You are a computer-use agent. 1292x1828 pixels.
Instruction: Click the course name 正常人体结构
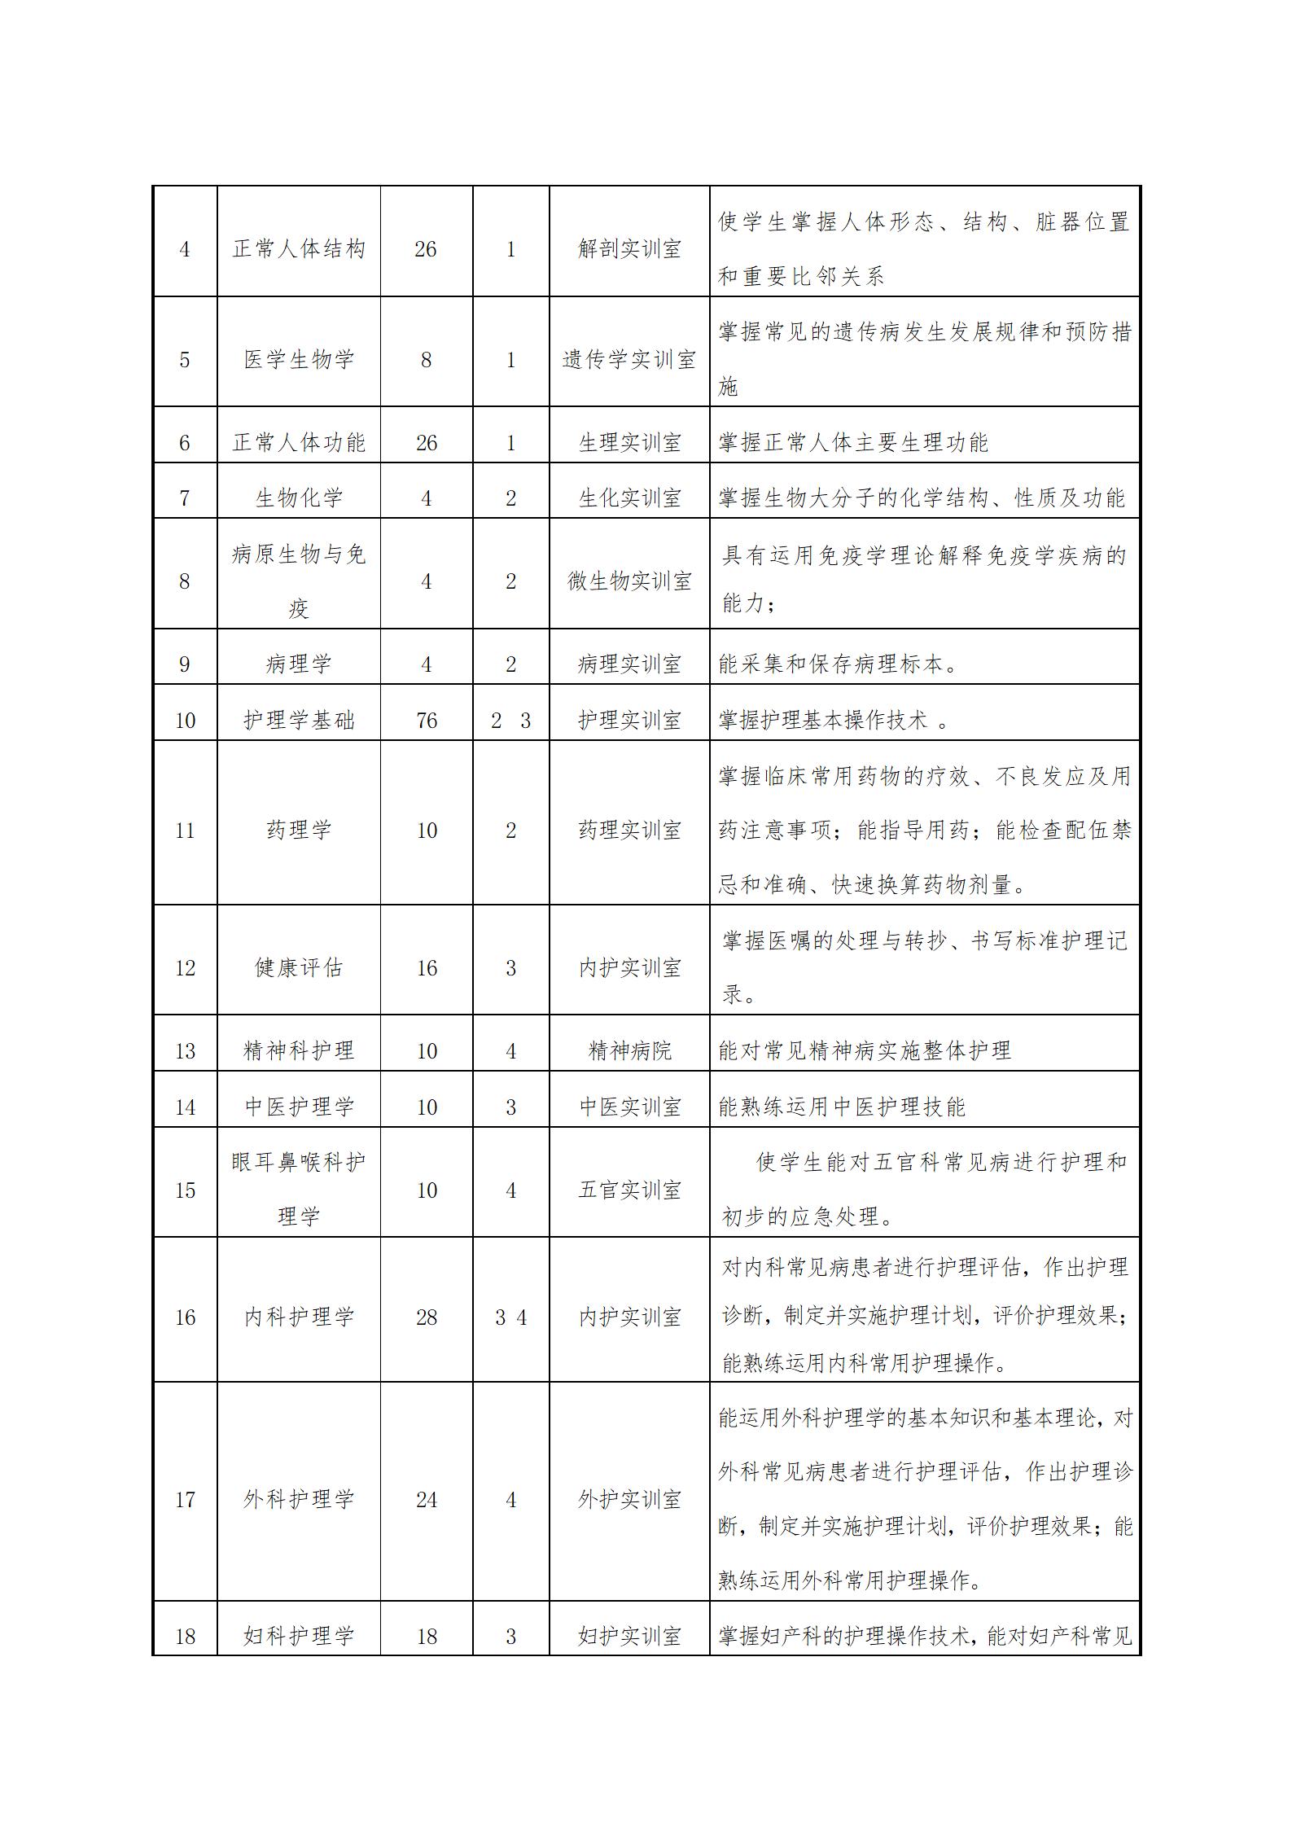coord(299,248)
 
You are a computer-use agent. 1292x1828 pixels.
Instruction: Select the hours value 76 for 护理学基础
coord(426,721)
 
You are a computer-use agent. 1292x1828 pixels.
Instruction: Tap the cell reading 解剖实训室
coord(629,248)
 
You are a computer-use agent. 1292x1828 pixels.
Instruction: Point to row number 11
coord(185,831)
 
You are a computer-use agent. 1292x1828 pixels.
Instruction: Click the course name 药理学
coord(299,831)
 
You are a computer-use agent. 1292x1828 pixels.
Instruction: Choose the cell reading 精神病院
coord(629,1051)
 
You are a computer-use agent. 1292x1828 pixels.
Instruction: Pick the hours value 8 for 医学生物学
coord(426,360)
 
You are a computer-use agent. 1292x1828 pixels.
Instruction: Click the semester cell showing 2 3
coord(510,721)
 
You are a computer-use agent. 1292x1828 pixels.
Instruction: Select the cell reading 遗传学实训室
coord(629,360)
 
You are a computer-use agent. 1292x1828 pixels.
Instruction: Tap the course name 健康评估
coord(299,968)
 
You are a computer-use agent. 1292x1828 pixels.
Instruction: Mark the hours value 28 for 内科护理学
coord(426,1317)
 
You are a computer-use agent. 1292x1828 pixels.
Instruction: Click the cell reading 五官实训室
coord(629,1190)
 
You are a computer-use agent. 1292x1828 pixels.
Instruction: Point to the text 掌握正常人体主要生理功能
coord(853,443)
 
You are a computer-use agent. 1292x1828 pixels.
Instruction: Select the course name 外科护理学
coord(299,1499)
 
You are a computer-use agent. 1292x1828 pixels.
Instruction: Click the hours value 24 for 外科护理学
coord(426,1500)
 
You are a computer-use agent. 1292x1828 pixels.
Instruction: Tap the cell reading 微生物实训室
coord(629,581)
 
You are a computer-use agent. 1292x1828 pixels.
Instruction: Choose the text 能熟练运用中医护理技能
coord(842,1107)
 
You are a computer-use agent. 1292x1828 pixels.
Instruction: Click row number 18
coord(185,1637)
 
